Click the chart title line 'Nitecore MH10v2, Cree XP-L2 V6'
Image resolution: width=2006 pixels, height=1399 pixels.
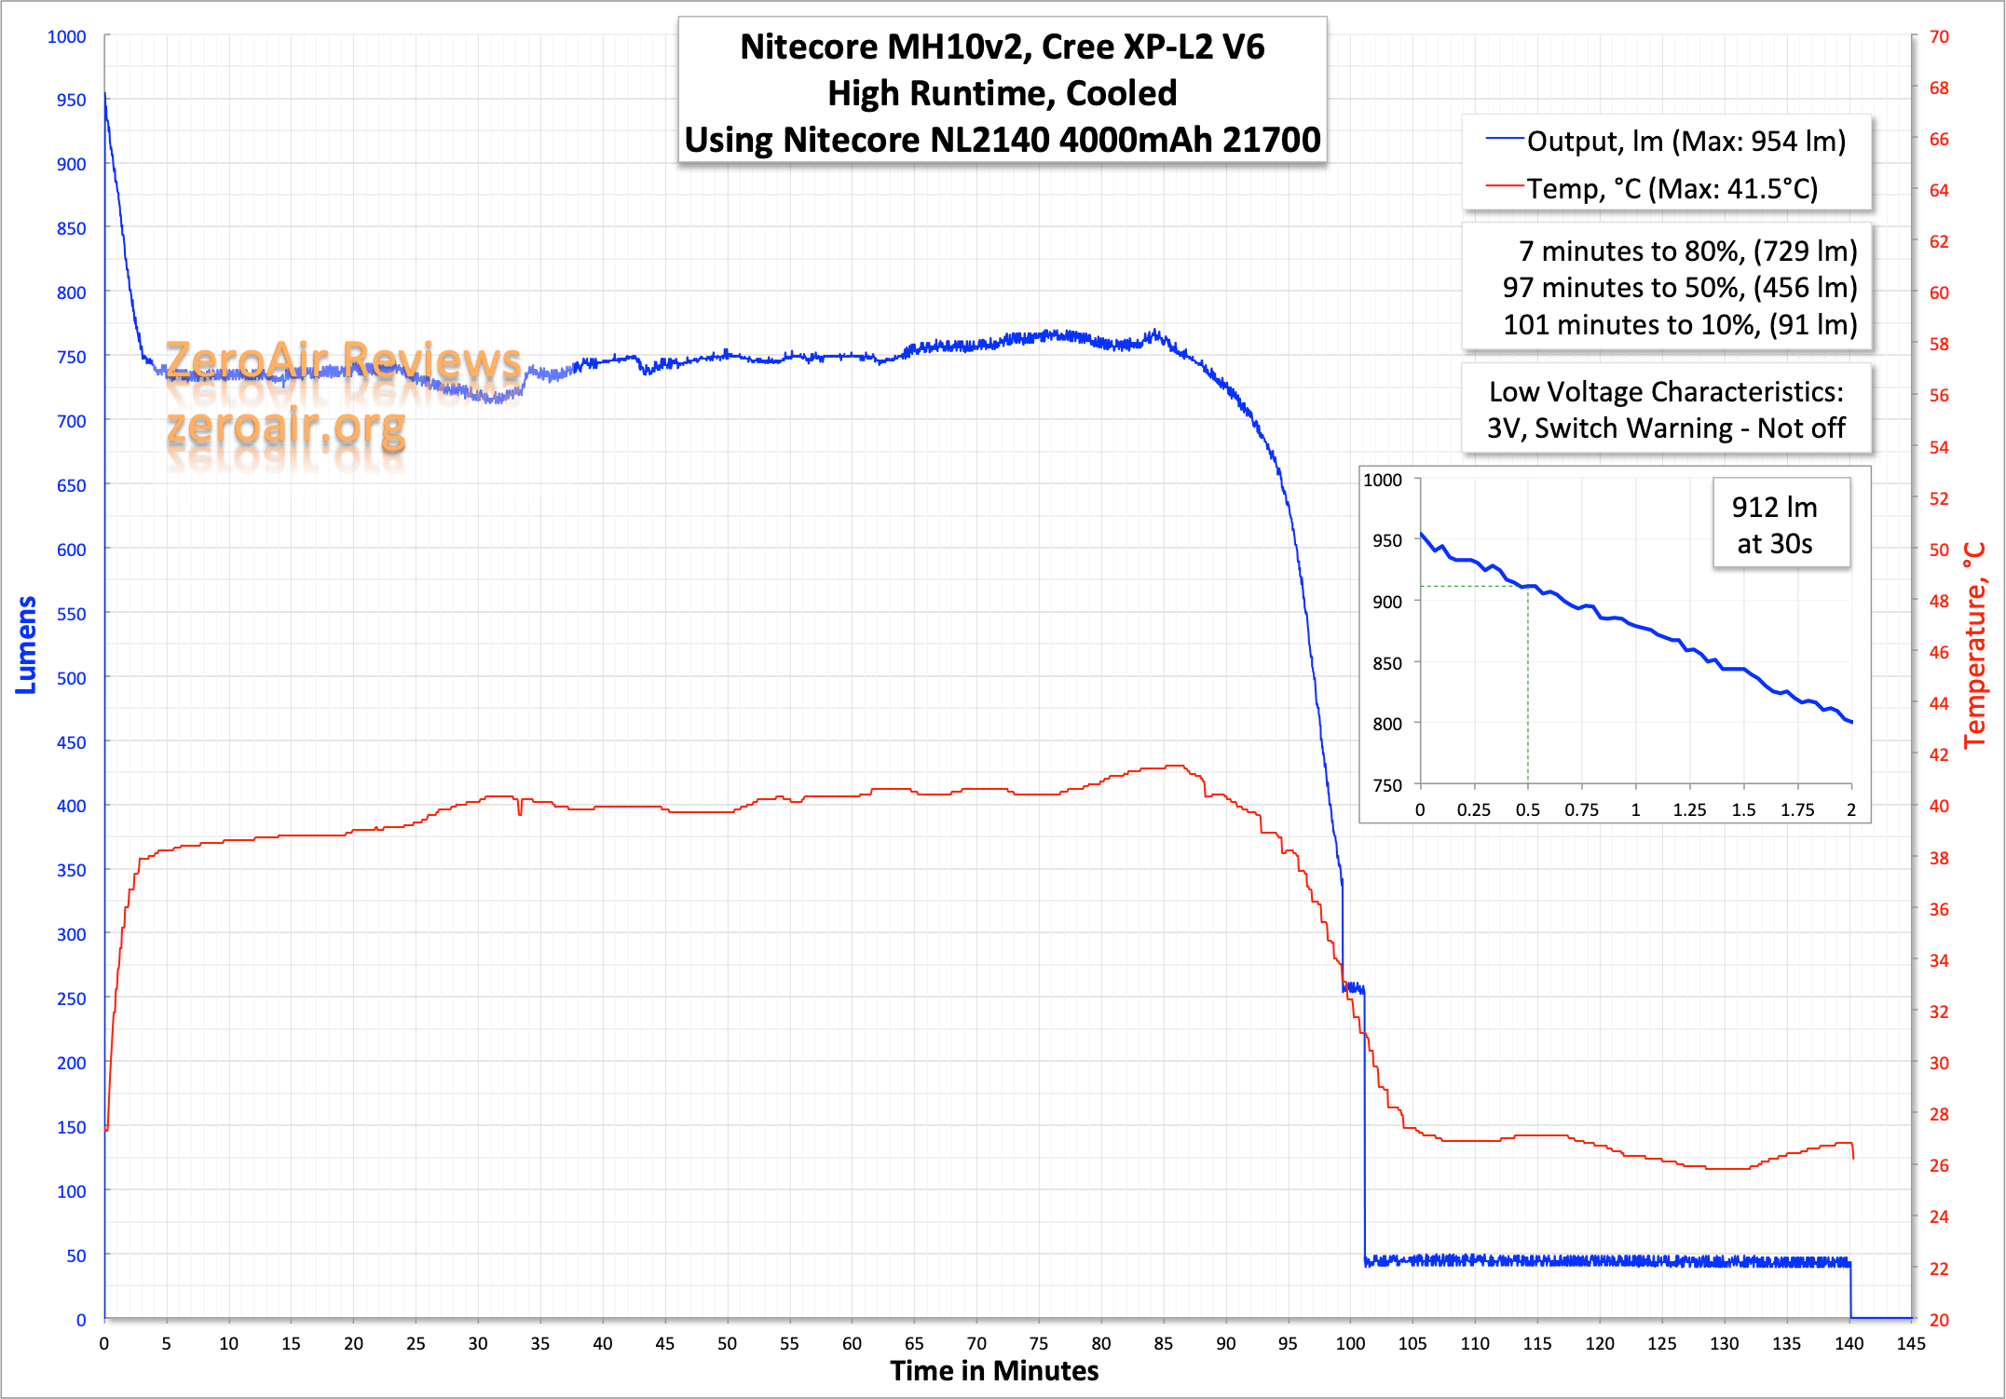point(1002,47)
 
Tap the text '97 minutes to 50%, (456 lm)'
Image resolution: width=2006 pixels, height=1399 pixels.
point(1679,288)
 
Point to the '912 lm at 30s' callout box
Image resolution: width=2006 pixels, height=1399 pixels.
point(1774,525)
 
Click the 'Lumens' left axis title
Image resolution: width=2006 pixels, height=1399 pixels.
point(26,645)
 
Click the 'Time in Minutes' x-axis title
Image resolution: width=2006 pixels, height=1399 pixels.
point(993,1371)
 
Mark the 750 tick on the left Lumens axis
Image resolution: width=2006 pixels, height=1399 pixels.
point(72,357)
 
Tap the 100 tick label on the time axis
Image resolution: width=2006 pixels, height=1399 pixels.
point(1349,1343)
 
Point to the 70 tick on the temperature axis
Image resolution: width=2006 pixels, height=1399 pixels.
point(1939,36)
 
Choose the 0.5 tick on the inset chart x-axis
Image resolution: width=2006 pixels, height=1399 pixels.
point(1527,809)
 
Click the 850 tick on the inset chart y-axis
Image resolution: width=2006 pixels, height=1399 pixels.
point(1386,663)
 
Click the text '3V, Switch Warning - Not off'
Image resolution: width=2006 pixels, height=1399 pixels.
point(1666,428)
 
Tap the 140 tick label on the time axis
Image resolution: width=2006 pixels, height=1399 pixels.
point(1849,1343)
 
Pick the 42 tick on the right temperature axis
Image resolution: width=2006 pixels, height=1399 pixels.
point(1939,754)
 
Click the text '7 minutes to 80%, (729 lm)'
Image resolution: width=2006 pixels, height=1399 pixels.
point(1687,251)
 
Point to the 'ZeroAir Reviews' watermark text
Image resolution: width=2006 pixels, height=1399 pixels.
point(343,360)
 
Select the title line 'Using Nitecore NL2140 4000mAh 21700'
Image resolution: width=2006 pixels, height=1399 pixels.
point(1002,140)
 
